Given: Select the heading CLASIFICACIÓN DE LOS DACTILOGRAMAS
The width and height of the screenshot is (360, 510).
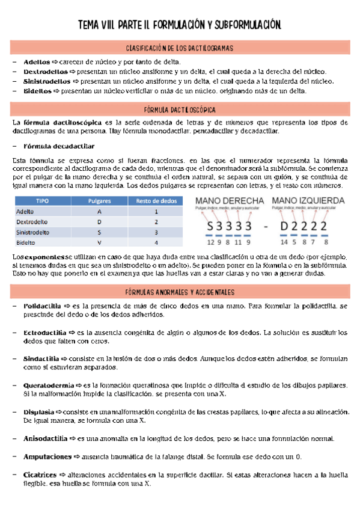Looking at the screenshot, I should tap(180, 48).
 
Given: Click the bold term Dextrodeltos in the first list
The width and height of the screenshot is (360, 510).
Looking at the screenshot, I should tap(37, 71).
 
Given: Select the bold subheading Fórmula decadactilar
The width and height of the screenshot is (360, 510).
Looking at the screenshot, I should tap(59, 146).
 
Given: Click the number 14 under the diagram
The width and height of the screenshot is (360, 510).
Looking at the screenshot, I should tap(284, 243).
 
